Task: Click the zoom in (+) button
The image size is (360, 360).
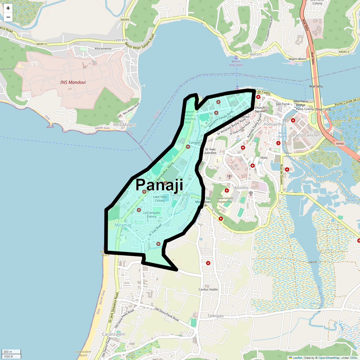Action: point(8,8)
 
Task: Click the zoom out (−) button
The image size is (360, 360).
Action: point(8,17)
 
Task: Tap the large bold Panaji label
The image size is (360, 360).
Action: point(159,185)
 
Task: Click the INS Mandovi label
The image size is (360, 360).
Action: point(73,82)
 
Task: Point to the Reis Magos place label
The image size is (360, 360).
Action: point(124,125)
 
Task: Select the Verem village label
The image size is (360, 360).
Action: point(121,40)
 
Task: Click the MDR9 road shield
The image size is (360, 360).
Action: point(125,20)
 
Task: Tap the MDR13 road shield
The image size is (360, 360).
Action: point(41,44)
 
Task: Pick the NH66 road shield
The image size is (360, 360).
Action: point(340,144)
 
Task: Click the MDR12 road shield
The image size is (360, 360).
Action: point(344,52)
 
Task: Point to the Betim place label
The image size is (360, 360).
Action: point(256,54)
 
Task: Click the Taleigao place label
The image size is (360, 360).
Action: point(215,316)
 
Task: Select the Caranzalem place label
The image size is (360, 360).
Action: point(114,334)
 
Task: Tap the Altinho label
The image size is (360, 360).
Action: point(241,188)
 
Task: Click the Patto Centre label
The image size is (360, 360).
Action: point(305,135)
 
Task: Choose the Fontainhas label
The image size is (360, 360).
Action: point(275,124)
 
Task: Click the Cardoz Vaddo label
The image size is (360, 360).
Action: point(208,289)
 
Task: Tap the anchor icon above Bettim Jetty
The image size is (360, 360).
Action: point(236,57)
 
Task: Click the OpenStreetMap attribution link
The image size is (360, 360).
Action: point(329,358)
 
